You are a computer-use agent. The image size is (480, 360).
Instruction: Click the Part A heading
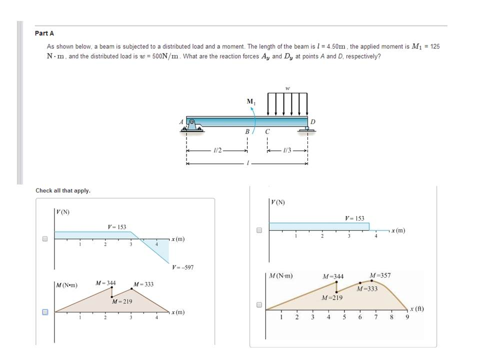click(44, 33)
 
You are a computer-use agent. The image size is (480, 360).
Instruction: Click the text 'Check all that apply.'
click(63, 190)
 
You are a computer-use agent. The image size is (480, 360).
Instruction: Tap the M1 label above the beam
click(250, 101)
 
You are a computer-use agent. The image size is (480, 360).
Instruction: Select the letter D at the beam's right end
click(313, 121)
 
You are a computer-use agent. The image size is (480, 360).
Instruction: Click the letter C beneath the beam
click(267, 132)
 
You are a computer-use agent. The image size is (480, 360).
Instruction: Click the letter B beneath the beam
click(246, 132)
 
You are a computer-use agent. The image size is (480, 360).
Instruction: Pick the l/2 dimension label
click(217, 150)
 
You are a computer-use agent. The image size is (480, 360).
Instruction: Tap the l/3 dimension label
click(286, 150)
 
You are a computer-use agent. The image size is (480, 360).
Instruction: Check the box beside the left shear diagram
click(44, 239)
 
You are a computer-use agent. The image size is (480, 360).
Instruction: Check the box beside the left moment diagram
click(44, 312)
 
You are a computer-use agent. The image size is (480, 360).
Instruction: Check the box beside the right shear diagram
click(259, 230)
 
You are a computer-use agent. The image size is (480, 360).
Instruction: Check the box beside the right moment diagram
click(259, 304)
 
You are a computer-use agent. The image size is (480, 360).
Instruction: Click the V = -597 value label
click(182, 267)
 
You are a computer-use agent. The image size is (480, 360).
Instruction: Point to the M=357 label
click(380, 275)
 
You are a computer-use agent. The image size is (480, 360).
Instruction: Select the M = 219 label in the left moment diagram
click(122, 301)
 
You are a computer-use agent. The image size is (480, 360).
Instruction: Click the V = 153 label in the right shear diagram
click(354, 218)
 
